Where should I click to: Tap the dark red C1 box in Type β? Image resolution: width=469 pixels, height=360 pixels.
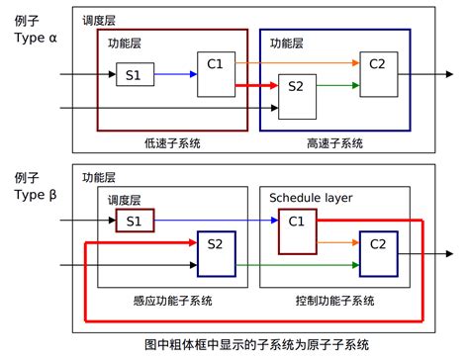[296, 232]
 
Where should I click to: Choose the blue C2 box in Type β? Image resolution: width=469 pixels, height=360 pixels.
[377, 254]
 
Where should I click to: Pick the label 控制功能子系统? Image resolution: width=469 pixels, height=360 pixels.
[333, 300]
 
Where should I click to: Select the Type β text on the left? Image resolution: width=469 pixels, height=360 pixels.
[37, 196]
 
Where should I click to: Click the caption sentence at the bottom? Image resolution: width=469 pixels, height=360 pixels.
[256, 344]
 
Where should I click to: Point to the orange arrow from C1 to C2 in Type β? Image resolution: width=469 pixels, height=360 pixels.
[336, 240]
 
